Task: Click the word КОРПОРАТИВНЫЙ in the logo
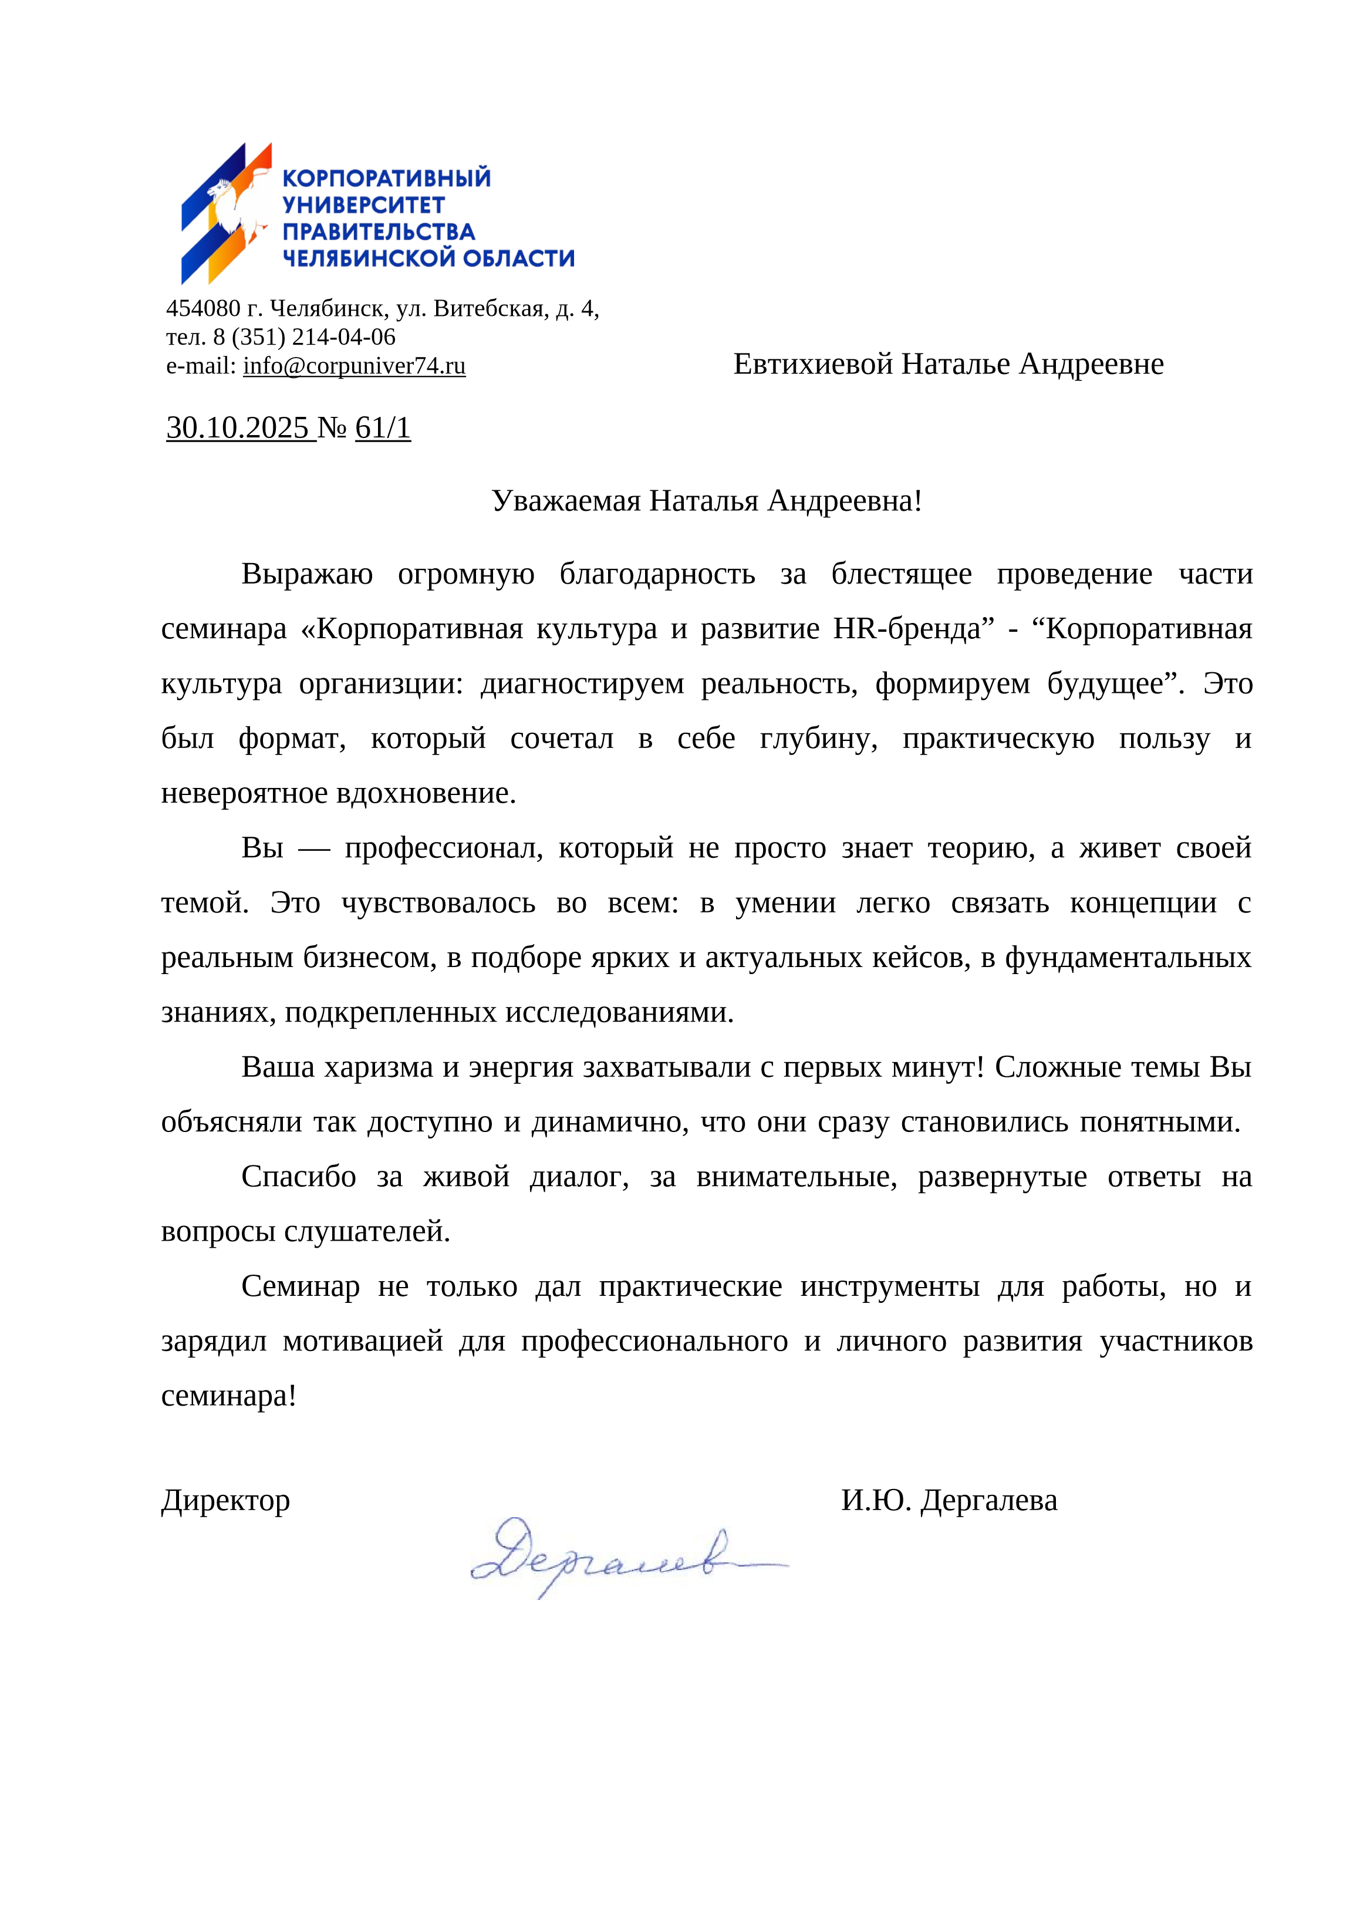tap(387, 178)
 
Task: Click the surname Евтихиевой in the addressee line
tap(813, 365)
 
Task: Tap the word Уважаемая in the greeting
tap(566, 501)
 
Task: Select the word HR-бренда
tap(913, 628)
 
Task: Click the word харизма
tap(379, 1067)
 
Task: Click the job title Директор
tap(225, 1500)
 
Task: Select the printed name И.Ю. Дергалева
tap(949, 1500)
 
